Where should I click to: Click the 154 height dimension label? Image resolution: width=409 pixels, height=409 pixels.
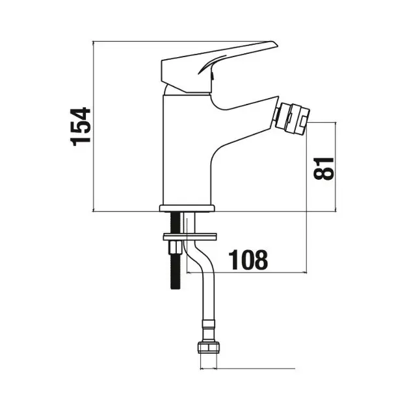coord(81,126)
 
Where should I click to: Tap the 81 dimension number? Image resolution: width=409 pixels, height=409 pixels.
coord(324,169)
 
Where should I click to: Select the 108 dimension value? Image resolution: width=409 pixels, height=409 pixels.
coord(248,260)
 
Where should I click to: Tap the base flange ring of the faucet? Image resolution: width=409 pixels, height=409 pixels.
coord(187,208)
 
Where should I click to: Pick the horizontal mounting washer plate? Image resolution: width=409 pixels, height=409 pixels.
coord(190,236)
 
